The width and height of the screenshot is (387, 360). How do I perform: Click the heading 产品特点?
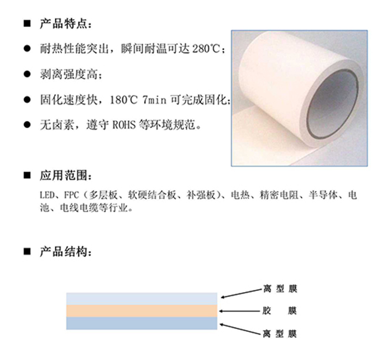(63, 24)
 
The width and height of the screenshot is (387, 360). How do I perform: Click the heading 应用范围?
(63, 176)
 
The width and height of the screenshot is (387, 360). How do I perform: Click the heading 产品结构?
(63, 252)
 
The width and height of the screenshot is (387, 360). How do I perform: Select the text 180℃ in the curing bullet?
(123, 100)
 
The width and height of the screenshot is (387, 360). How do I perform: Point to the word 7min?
(154, 100)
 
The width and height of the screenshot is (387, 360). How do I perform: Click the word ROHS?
(124, 125)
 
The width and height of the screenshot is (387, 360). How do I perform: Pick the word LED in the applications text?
(46, 195)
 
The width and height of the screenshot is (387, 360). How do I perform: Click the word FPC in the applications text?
(71, 195)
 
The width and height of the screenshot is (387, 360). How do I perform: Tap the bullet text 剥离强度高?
(69, 74)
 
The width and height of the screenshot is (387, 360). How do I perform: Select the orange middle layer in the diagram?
(142, 311)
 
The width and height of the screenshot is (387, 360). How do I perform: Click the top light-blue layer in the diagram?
(142, 299)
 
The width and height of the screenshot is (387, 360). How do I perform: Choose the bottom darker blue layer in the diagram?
(142, 323)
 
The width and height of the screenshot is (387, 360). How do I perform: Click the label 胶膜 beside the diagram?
(279, 311)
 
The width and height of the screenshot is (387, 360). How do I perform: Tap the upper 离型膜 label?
(280, 288)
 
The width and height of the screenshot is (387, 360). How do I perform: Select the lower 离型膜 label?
(279, 334)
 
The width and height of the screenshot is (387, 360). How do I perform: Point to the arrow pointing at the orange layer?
(239, 311)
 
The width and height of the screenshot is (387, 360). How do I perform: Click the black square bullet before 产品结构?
(27, 252)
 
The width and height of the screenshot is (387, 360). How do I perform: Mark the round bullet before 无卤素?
(27, 125)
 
